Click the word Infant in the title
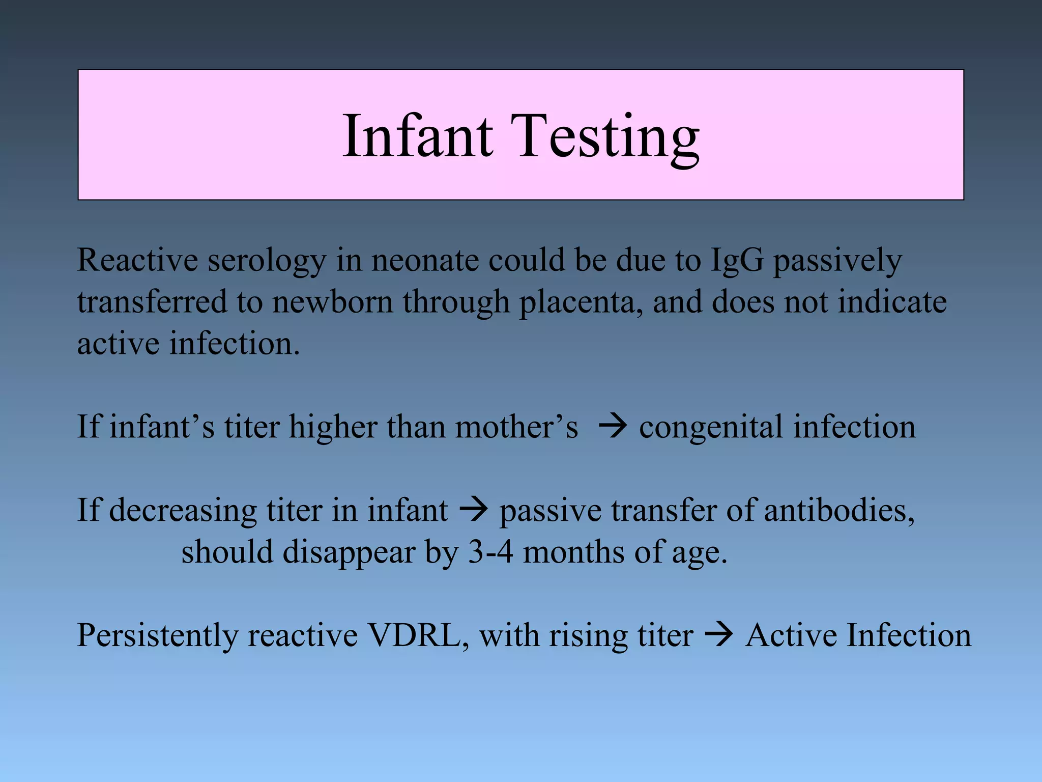point(417,136)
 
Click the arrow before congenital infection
point(613,427)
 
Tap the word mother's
point(516,427)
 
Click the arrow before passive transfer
point(474,510)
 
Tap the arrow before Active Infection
point(719,635)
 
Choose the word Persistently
point(157,636)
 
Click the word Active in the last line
point(790,635)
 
